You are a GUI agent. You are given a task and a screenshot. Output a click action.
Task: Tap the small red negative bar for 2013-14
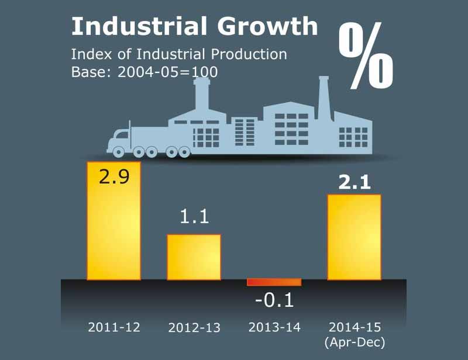(x=274, y=282)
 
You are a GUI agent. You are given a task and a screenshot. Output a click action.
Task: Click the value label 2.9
(x=113, y=176)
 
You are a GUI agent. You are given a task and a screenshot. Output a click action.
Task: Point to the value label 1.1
(x=194, y=217)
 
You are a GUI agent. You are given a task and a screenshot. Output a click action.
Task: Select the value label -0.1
(x=274, y=300)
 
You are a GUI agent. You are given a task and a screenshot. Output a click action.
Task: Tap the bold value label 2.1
(x=354, y=182)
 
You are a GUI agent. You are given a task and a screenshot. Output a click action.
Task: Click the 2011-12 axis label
(x=114, y=327)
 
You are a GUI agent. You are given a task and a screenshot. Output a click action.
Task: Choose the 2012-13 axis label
(x=194, y=327)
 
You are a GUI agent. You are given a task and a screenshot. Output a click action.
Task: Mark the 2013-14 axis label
(x=274, y=327)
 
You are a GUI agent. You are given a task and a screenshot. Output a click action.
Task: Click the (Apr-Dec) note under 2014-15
(x=354, y=341)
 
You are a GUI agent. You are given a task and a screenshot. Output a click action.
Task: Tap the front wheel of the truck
(x=119, y=152)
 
